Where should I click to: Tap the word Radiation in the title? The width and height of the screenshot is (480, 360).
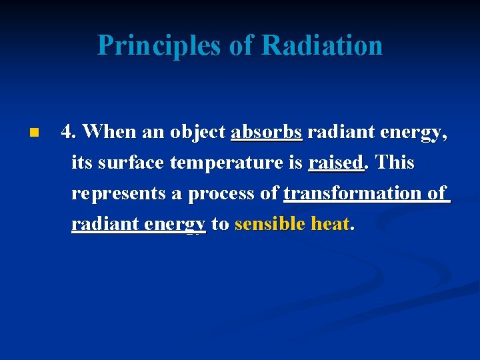coord(322,46)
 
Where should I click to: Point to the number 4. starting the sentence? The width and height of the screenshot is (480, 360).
coord(69,132)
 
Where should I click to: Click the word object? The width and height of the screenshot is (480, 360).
coord(198,132)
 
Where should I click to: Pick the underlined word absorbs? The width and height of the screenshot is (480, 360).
coord(267,132)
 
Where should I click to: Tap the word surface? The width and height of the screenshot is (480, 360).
coord(133,163)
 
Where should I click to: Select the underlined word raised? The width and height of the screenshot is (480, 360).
coord(335,163)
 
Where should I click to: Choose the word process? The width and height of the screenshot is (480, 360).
coord(223,193)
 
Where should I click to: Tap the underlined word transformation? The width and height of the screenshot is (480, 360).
coord(352,193)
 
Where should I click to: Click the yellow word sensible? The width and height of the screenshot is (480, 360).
coord(270,224)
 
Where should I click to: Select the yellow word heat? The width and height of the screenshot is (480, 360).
coord(329,224)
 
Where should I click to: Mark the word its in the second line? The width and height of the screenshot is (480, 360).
coord(82,163)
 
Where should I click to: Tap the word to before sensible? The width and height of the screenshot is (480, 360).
coord(220,224)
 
